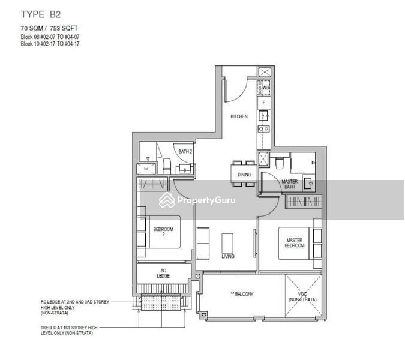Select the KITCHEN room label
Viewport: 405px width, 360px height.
[x=239, y=116]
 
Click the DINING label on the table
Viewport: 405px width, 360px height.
[x=243, y=175]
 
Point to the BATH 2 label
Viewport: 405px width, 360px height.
[x=185, y=152]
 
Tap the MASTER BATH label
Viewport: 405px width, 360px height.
[x=290, y=184]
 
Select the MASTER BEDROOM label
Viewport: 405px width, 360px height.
[x=295, y=243]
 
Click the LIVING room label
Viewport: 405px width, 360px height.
[x=228, y=256]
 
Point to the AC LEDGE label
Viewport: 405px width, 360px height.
[x=163, y=272]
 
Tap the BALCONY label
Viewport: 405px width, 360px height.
[x=241, y=294]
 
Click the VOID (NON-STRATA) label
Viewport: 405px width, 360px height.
[x=302, y=296]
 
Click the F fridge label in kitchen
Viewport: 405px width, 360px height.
[x=264, y=103]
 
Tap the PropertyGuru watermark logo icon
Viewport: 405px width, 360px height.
[x=166, y=201]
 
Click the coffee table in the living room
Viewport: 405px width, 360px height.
[x=227, y=242]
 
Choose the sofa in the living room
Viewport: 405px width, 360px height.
[x=203, y=244]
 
